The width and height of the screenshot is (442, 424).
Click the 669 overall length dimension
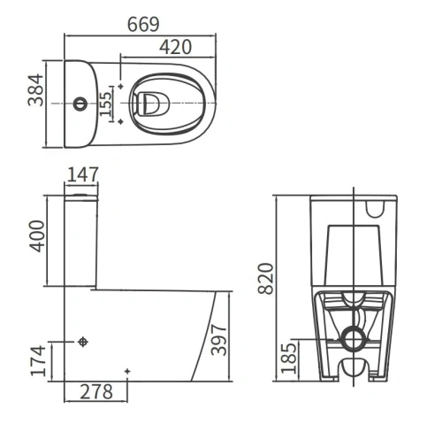[x=143, y=25]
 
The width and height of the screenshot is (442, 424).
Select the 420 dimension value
[x=176, y=47]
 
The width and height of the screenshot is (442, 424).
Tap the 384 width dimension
[x=35, y=90]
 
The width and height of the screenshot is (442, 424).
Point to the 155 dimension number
[x=105, y=104]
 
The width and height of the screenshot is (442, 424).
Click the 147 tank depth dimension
[x=83, y=174]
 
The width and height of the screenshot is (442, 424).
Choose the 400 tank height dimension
[x=37, y=236]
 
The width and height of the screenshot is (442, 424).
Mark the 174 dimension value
[x=39, y=361]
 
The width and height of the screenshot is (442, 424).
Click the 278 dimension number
[x=96, y=392]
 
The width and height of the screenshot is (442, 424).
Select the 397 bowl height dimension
[x=219, y=340]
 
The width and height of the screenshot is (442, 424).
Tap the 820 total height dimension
[x=266, y=279]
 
